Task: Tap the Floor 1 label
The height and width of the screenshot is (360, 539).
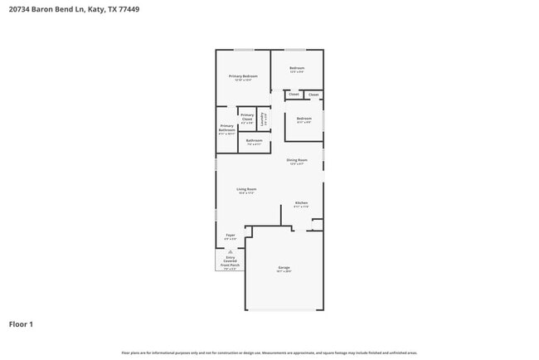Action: (x=21, y=324)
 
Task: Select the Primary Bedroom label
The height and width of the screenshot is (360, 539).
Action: (x=243, y=76)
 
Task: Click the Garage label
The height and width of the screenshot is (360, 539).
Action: (x=284, y=268)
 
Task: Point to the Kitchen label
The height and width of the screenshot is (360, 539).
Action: (x=301, y=203)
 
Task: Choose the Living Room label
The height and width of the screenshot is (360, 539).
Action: (x=246, y=190)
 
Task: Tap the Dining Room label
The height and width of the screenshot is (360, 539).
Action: (x=297, y=160)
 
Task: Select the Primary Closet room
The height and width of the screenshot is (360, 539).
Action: (x=247, y=117)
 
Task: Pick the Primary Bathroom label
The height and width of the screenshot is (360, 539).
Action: (x=227, y=129)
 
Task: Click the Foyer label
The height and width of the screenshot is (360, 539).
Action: (x=231, y=236)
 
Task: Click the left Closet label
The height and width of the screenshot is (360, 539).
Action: (x=294, y=95)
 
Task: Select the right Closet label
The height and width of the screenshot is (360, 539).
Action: (x=313, y=95)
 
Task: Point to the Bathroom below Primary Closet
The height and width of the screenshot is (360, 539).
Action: (x=255, y=141)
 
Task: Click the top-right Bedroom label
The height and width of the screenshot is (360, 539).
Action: (x=297, y=69)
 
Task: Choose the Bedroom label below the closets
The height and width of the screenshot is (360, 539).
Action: (x=304, y=119)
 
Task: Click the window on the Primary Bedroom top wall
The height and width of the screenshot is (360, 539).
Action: (x=243, y=51)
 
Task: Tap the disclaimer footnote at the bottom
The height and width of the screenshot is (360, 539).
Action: (x=269, y=353)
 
